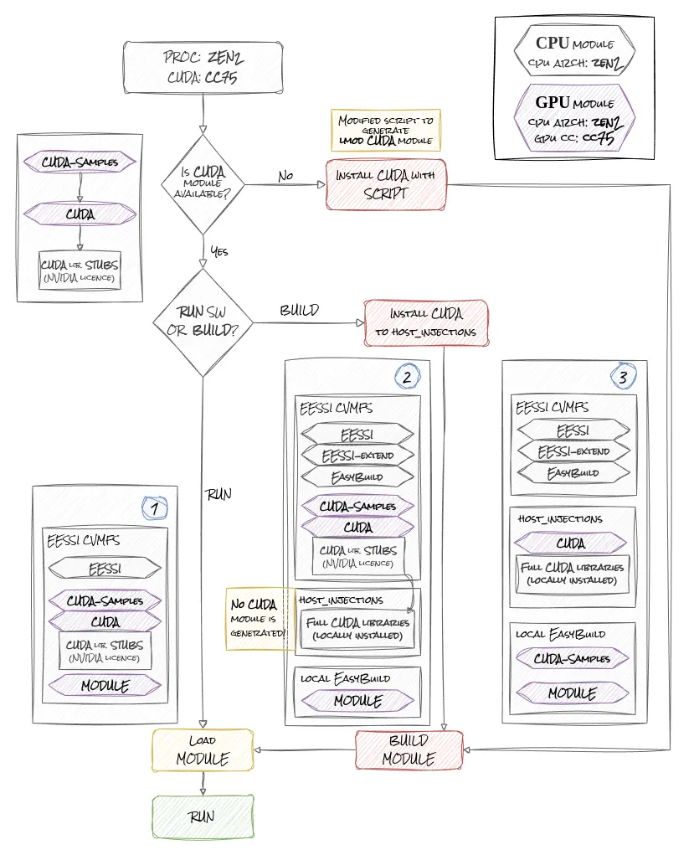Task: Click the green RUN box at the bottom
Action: (202, 816)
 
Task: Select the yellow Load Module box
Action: (202, 749)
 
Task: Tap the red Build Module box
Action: (409, 749)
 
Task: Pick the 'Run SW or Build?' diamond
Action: (203, 322)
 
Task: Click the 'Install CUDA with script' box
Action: (386, 184)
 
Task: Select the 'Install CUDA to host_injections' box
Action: (426, 324)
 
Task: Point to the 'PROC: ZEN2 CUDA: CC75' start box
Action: (203, 68)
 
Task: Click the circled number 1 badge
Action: (153, 507)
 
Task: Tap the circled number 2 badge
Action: (407, 377)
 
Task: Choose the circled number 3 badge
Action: (623, 377)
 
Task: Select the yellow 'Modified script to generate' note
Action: (385, 131)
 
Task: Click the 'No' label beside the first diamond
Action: (285, 177)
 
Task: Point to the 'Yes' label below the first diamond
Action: (218, 250)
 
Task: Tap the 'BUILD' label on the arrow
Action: (299, 311)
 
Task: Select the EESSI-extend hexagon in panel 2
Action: (357, 456)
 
